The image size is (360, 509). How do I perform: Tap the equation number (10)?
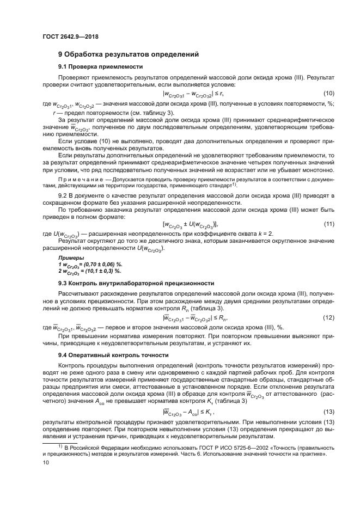pos(328,94)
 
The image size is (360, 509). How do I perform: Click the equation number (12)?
pos(328,317)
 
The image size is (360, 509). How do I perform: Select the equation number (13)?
pos(328,411)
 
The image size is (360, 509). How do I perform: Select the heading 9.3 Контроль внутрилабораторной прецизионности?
pos(136,283)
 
